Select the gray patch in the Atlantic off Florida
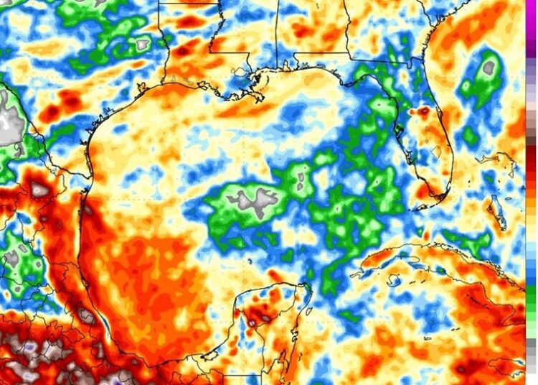point(490,68)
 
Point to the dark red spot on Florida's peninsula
point(424,111)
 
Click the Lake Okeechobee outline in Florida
point(436,152)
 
